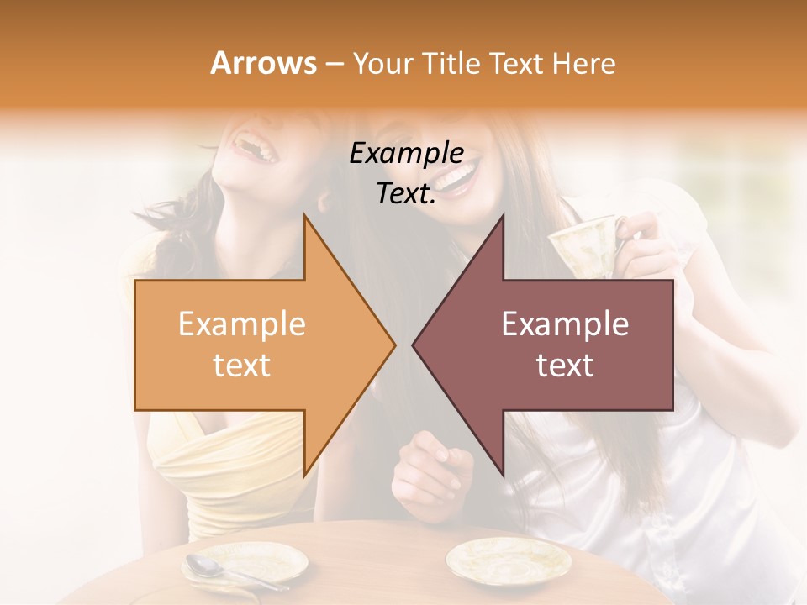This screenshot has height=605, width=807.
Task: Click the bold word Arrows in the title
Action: [263, 63]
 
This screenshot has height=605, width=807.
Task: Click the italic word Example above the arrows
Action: [406, 154]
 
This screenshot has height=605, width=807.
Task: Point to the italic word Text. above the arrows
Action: [406, 194]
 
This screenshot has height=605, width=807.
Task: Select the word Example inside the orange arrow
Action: [242, 324]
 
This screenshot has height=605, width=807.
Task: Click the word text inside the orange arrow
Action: [242, 365]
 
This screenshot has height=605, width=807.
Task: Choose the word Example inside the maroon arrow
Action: [565, 324]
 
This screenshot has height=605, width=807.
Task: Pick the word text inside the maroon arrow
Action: [565, 365]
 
